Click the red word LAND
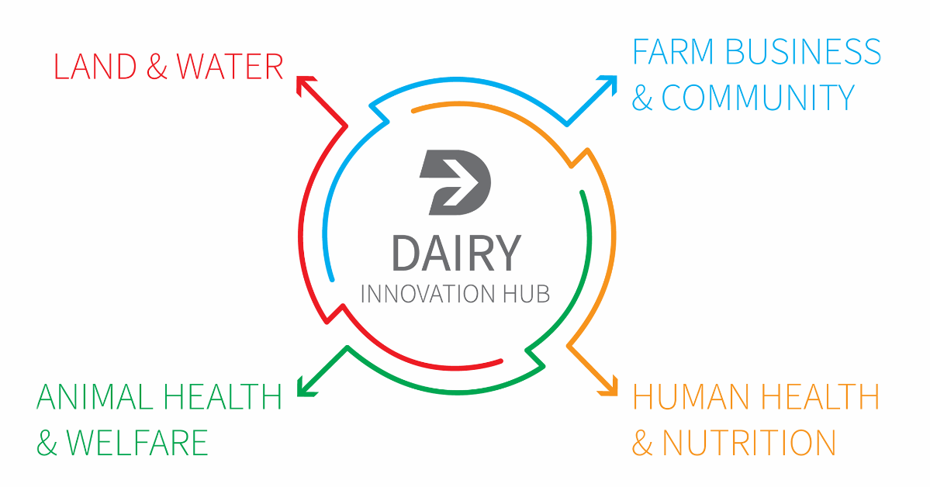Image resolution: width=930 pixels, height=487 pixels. [x=95, y=67]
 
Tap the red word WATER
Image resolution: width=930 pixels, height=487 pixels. [x=230, y=67]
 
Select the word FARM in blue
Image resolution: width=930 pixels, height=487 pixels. [x=673, y=52]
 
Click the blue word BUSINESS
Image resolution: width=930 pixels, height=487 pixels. [x=804, y=52]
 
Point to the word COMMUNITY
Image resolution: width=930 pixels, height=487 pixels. [x=758, y=97]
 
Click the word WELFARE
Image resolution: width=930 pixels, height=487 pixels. [x=137, y=443]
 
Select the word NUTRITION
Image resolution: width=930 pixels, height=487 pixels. [x=748, y=443]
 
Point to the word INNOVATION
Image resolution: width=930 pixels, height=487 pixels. [x=428, y=294]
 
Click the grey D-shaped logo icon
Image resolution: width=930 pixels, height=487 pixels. [x=455, y=182]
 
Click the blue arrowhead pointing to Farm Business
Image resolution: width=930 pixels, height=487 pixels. [x=609, y=83]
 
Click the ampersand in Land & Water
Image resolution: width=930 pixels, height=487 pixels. [x=157, y=67]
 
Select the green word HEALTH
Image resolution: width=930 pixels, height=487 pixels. [x=223, y=397]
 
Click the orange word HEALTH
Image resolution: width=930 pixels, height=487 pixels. [x=821, y=397]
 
